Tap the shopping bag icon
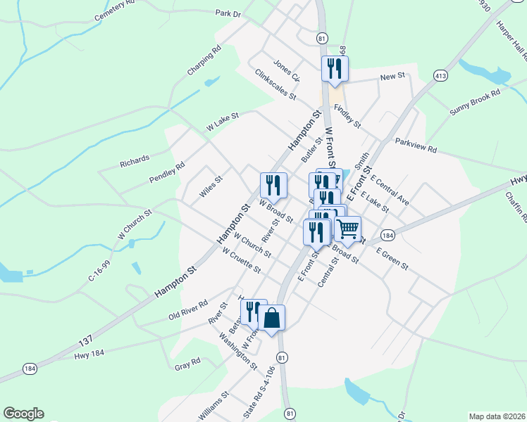271,318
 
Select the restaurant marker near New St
334,69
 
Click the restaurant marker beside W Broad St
273,185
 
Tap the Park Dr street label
228,13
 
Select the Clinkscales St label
275,84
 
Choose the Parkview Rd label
416,145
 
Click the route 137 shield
85,342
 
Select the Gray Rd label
187,364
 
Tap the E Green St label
392,258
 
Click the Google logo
23,414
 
